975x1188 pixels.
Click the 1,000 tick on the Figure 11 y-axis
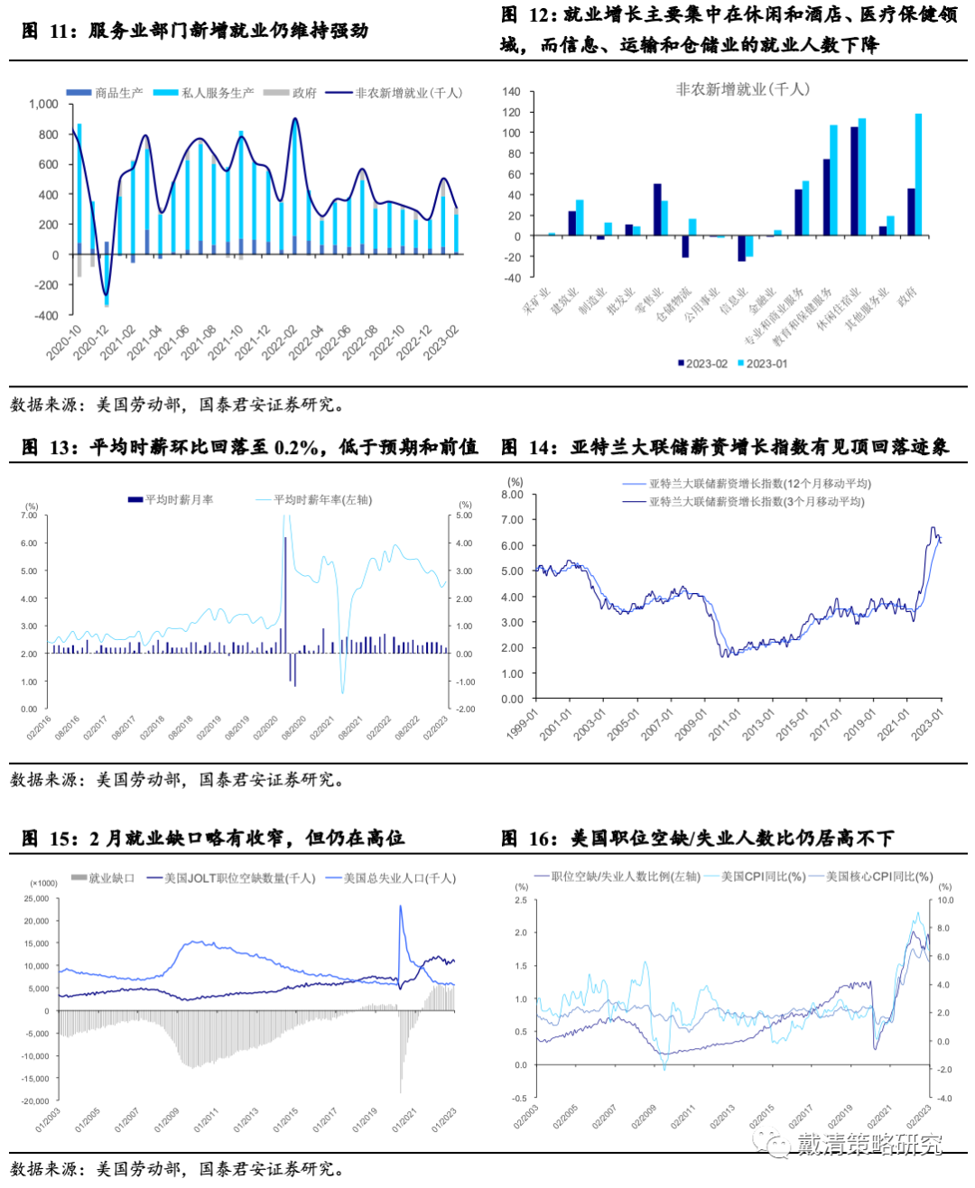(43, 105)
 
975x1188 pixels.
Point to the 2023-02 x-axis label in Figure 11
(442, 342)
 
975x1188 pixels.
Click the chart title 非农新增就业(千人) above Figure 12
(742, 89)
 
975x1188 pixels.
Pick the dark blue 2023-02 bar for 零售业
(657, 209)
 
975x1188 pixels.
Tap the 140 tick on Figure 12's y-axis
(511, 92)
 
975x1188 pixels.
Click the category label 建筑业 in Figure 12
(565, 302)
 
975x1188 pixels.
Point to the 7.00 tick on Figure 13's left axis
(29, 515)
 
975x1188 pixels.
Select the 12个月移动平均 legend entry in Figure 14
(759, 484)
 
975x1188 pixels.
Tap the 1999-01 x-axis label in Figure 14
(522, 724)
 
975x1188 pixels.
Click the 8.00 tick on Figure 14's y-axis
(512, 495)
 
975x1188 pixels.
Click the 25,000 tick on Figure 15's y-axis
(36, 899)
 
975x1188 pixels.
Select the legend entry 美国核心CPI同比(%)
(879, 877)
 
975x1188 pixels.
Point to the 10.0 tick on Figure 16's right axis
(945, 901)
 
